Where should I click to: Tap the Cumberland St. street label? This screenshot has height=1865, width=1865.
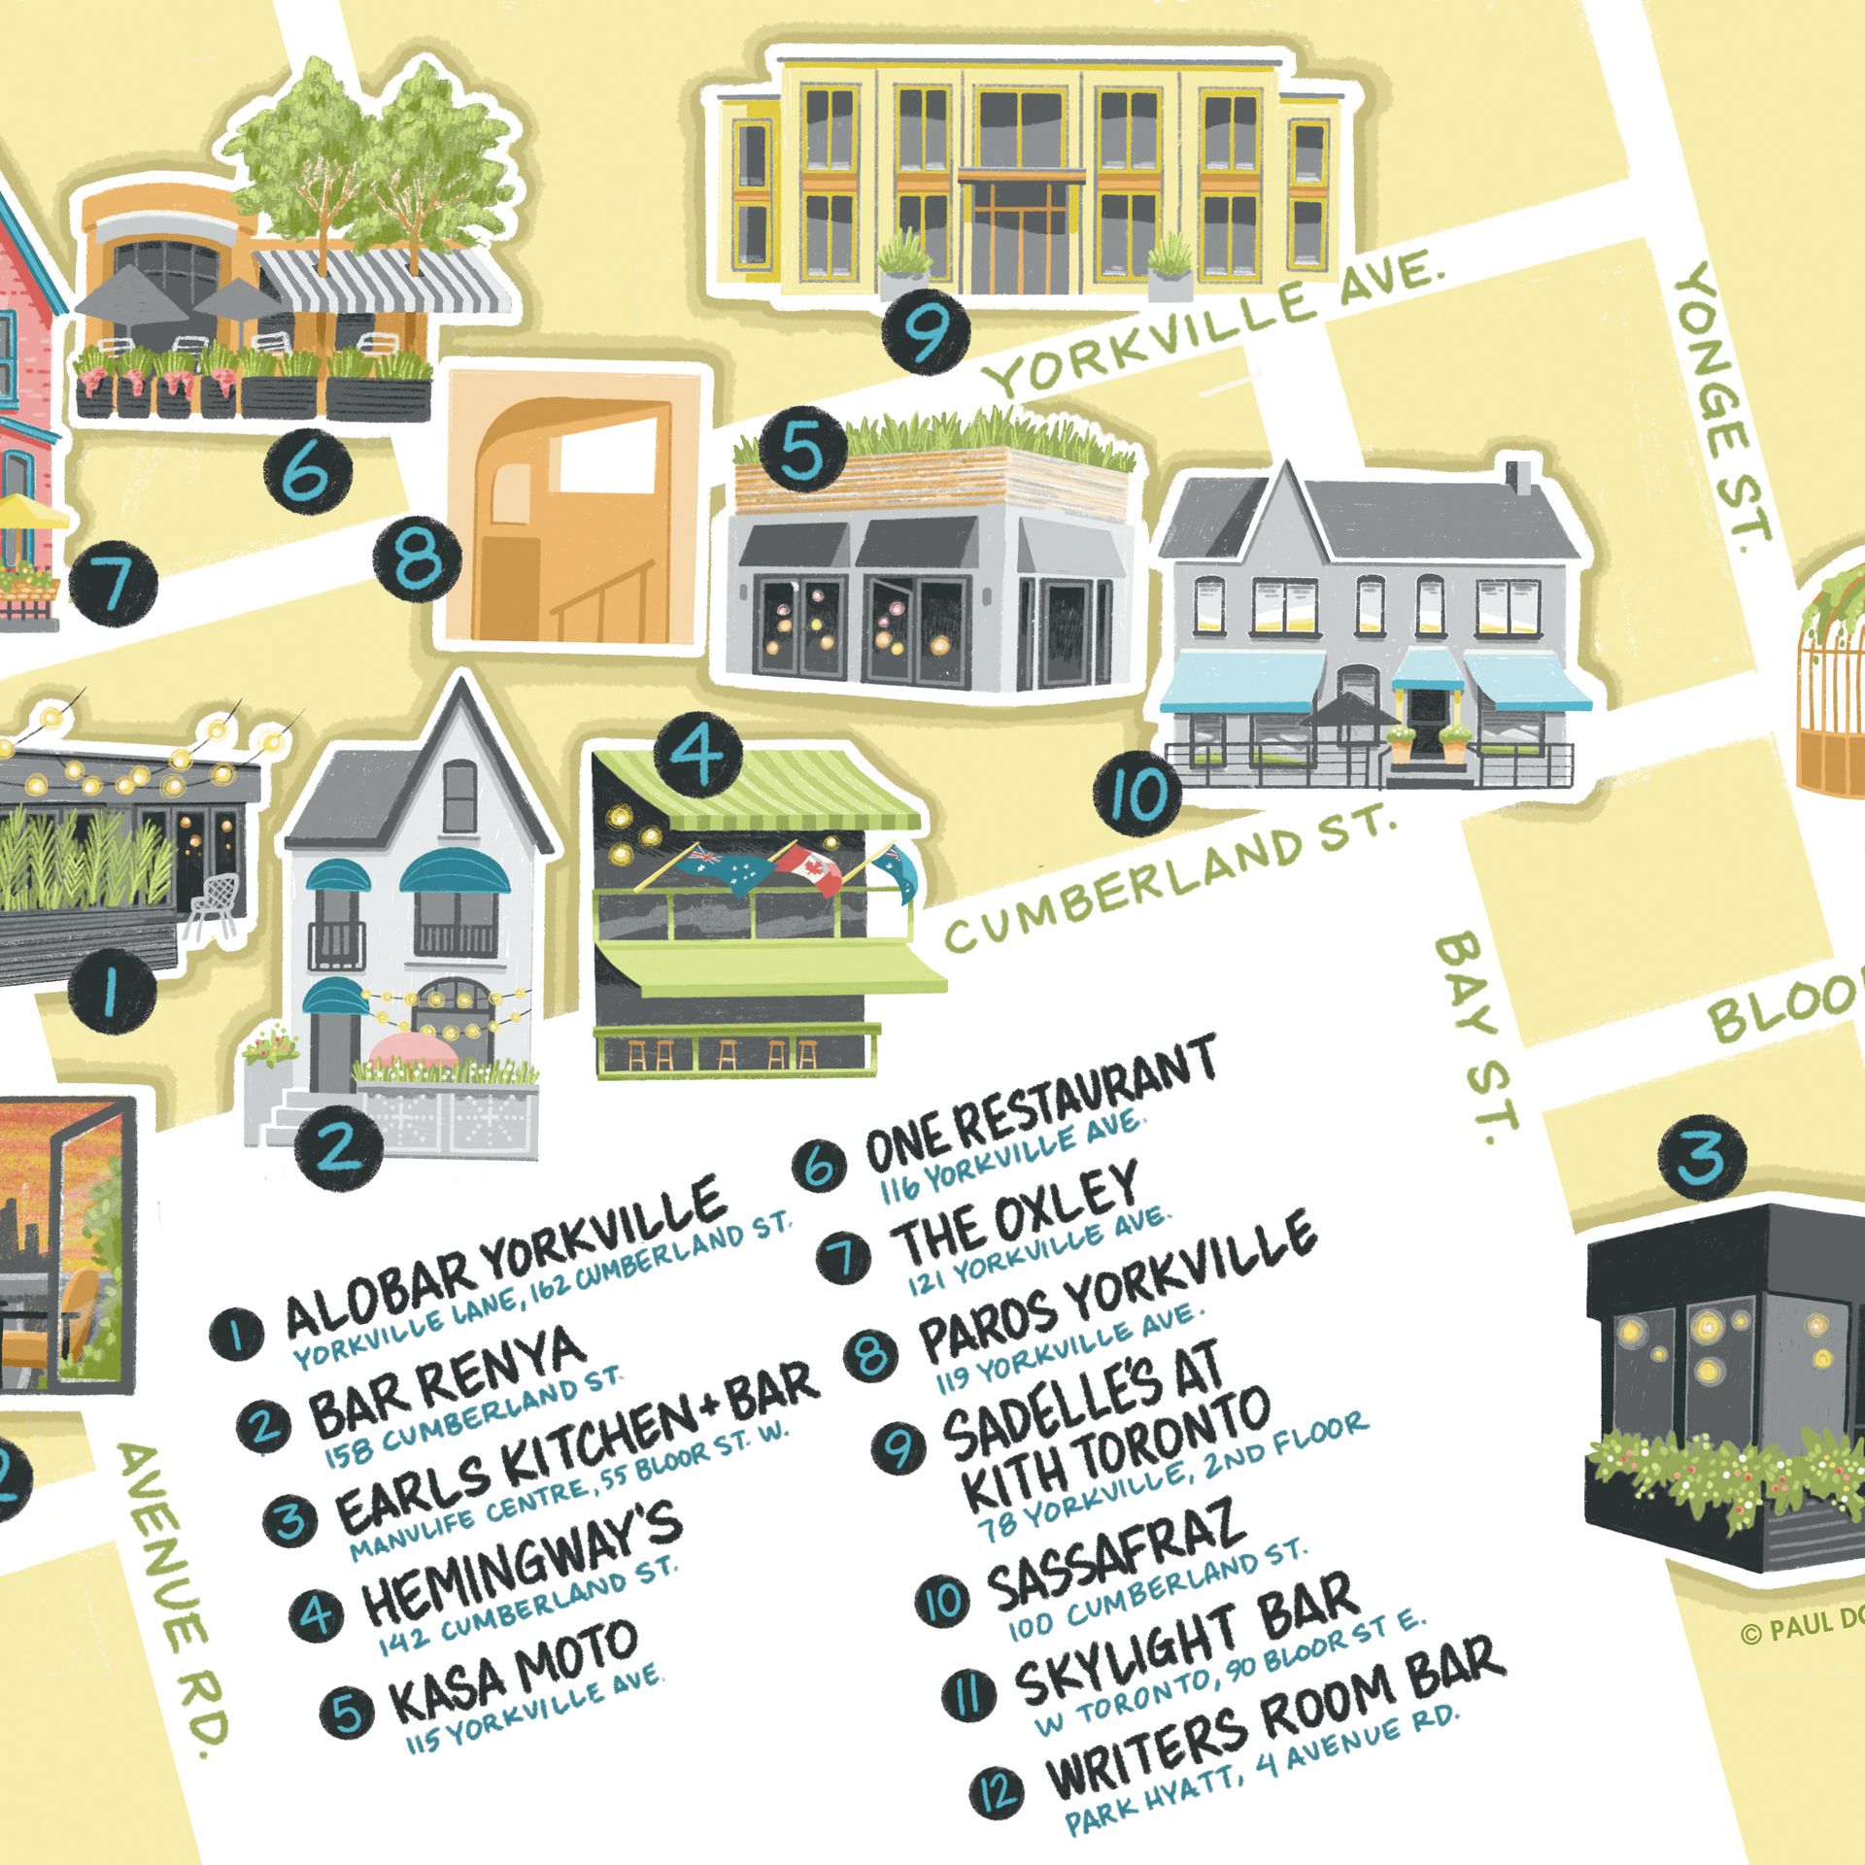point(1170,878)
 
